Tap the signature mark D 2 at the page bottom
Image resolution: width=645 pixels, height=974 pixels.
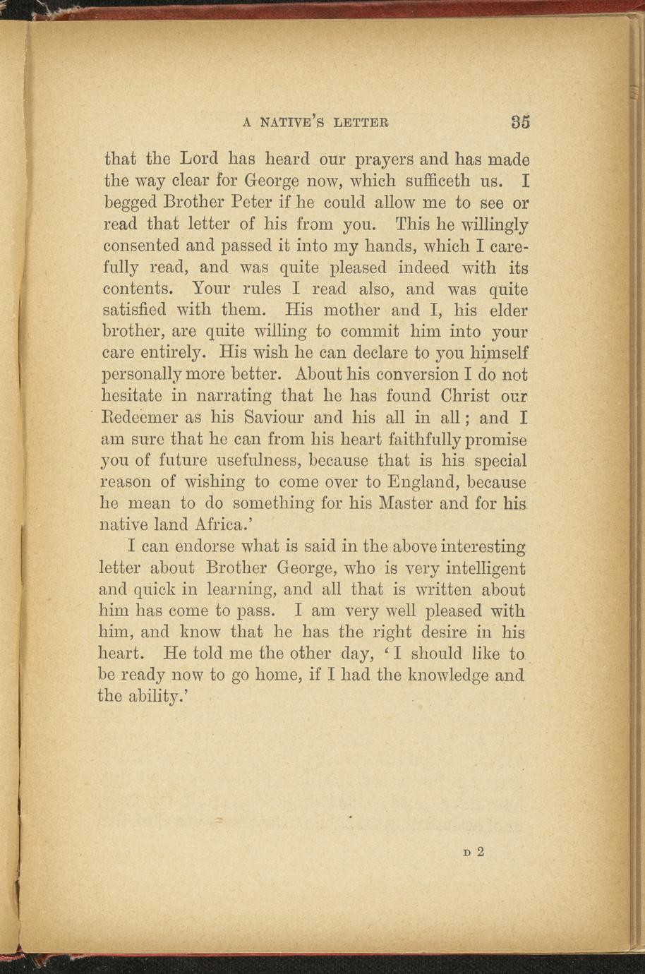tap(474, 851)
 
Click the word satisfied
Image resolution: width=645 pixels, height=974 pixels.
tap(138, 310)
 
